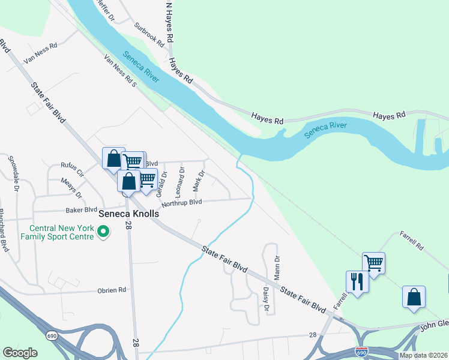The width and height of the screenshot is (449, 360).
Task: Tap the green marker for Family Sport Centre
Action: [x=103, y=230]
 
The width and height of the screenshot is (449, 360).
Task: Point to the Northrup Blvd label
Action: [x=181, y=203]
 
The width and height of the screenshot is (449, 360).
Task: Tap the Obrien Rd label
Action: [x=112, y=290]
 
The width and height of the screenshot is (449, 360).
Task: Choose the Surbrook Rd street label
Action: [x=149, y=35]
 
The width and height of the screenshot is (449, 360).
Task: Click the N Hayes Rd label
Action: [x=170, y=22]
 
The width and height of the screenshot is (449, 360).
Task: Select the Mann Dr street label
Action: [x=277, y=264]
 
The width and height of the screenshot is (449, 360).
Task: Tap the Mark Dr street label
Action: [x=199, y=181]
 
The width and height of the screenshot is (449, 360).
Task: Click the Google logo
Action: [x=20, y=353]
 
